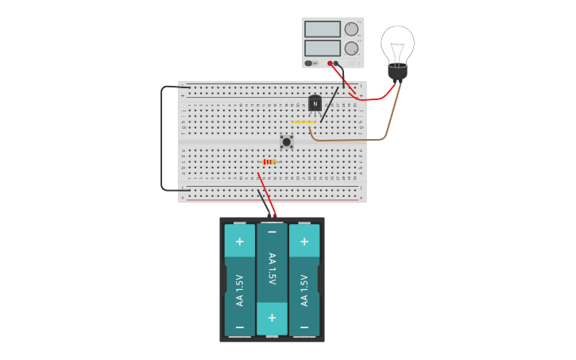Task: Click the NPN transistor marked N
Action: pos(315,103)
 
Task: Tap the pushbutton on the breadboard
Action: pos(287,141)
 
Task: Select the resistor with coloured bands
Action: pos(269,161)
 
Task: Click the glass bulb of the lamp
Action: pos(397,44)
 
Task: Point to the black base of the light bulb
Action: pos(397,72)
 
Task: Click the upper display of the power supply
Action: pos(322,29)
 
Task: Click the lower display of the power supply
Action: pos(322,48)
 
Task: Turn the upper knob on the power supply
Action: pos(351,29)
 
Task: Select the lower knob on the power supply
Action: pos(351,48)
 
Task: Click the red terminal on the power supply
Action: pos(331,63)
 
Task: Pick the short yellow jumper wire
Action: pos(303,122)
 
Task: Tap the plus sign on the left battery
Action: pos(239,241)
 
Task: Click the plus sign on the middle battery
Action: pos(272,317)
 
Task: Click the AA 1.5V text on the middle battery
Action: pos(272,269)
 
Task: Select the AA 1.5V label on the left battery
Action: pos(239,291)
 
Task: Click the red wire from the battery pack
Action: pos(266,195)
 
